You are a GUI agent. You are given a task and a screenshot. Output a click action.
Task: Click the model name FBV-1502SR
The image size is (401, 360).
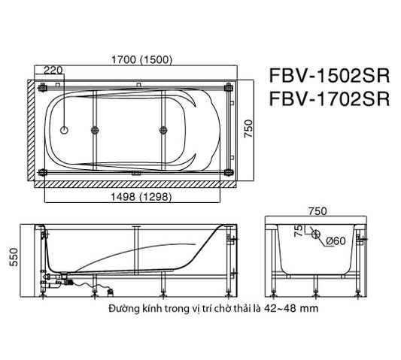pyautogui.click(x=330, y=75)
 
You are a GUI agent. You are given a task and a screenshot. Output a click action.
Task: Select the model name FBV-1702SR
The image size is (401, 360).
pyautogui.click(x=330, y=99)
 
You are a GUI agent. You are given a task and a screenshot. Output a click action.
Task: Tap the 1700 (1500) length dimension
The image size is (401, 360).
pyautogui.click(x=142, y=59)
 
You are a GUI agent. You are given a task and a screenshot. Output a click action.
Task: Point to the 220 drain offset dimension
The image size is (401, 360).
pyautogui.click(x=53, y=70)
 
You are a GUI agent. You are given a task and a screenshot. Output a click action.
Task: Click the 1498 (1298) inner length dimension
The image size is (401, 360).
pyautogui.click(x=141, y=197)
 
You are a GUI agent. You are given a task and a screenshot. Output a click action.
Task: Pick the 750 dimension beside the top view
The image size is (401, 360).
pyautogui.click(x=248, y=129)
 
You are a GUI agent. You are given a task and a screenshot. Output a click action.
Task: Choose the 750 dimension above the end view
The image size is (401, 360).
pyautogui.click(x=317, y=211)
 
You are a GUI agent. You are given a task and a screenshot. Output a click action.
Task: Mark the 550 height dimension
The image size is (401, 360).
pyautogui.click(x=14, y=257)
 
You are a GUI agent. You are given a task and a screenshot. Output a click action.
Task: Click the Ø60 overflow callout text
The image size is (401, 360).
pyautogui.click(x=336, y=241)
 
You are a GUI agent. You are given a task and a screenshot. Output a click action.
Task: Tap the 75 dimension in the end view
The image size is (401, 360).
pyautogui.click(x=298, y=231)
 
